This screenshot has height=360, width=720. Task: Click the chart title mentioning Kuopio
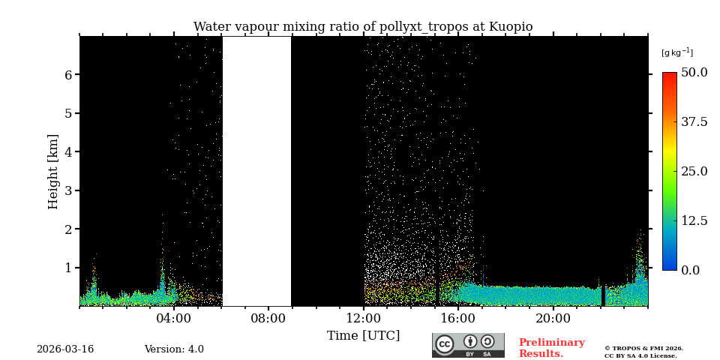click(x=363, y=27)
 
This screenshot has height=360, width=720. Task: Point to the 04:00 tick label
click(x=174, y=318)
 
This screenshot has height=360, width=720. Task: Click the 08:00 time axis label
click(x=268, y=318)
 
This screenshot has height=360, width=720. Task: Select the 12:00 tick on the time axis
click(x=364, y=318)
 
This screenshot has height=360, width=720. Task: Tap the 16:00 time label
click(x=458, y=318)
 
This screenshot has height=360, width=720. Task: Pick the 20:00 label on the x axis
click(x=553, y=318)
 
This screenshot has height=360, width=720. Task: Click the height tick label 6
click(x=68, y=75)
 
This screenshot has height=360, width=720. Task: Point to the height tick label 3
click(x=68, y=190)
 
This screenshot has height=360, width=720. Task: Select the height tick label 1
click(x=68, y=268)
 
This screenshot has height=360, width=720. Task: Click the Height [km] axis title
click(x=53, y=171)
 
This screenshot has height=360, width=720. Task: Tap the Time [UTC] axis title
click(x=363, y=335)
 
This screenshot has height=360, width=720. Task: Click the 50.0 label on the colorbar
click(x=694, y=73)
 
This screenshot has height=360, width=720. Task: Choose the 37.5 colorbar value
click(x=694, y=121)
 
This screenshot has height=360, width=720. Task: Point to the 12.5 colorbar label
click(x=694, y=220)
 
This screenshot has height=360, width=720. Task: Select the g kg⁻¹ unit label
click(x=676, y=52)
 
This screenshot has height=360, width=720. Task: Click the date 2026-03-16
click(x=65, y=349)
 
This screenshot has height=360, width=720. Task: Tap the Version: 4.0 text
click(x=174, y=349)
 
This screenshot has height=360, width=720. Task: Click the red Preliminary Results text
click(x=551, y=348)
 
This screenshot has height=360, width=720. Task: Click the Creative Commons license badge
click(x=468, y=345)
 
